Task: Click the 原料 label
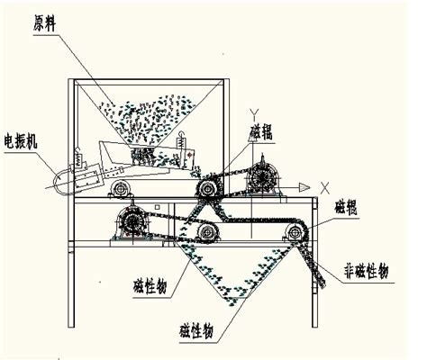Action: [x=44, y=23]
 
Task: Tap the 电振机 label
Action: [x=21, y=141]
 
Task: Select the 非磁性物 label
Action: [x=367, y=271]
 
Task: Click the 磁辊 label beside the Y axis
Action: [x=261, y=132]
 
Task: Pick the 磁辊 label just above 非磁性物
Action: [x=346, y=207]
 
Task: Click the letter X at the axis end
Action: [x=325, y=188]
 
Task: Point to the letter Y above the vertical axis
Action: [x=255, y=114]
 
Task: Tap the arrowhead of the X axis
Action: [x=304, y=188]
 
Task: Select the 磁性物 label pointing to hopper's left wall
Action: [x=150, y=286]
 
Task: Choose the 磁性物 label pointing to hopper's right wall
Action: [x=196, y=330]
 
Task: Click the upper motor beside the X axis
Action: [x=263, y=179]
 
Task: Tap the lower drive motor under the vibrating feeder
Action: [x=132, y=222]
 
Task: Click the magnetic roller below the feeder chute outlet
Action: [x=207, y=188]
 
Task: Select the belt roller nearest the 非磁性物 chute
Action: [x=295, y=231]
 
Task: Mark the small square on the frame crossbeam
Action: [x=157, y=207]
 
